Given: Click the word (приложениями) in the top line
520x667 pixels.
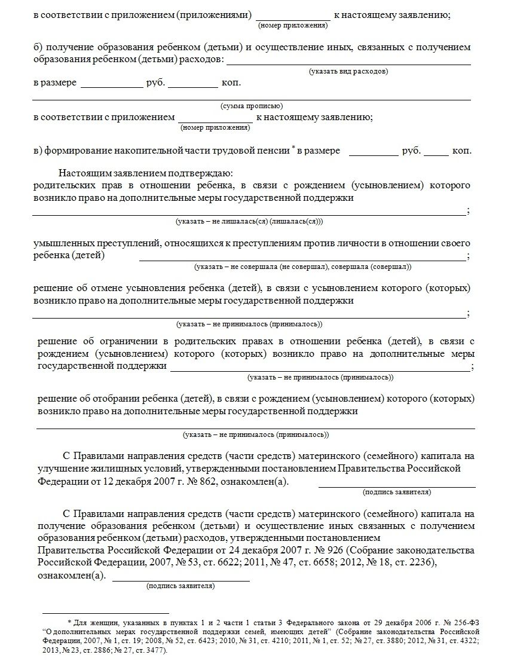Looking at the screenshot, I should point(213,15).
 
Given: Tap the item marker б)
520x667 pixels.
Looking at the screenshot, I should point(38,47).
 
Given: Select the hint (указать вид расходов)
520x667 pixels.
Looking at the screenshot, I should point(348,71).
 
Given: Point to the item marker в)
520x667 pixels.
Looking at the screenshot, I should point(38,151).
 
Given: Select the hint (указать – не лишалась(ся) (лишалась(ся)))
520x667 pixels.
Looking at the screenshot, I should point(249,221).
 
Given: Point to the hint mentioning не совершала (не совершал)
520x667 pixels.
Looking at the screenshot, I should point(302,267).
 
